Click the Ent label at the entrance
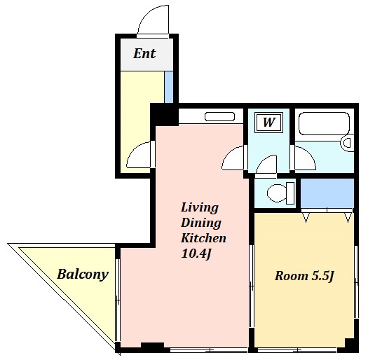coord(144,53)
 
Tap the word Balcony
coord(83,274)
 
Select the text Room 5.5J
coord(304,276)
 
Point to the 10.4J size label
coord(197,254)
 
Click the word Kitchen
coord(203,238)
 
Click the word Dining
coord(201,223)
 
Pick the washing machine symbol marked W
coord(269,122)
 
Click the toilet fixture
coord(281,193)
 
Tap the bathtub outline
coord(324,123)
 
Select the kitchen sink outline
coord(219,116)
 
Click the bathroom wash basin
coord(347,143)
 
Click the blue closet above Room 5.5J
coord(327,193)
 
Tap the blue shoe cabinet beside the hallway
coord(169,87)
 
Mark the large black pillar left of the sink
coord(164,115)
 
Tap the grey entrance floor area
coord(146,55)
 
